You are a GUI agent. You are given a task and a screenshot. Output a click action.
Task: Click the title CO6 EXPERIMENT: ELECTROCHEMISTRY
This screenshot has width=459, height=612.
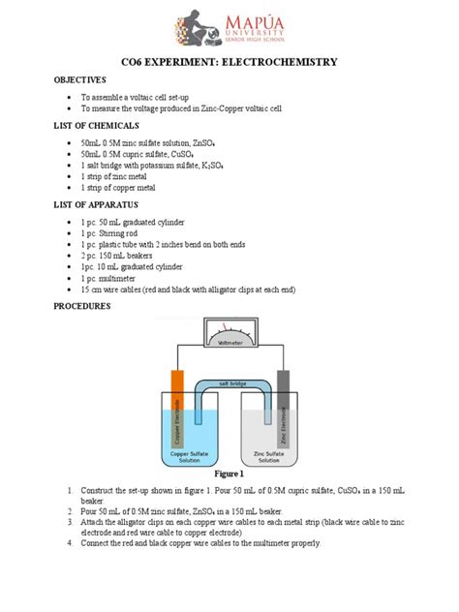click(229, 62)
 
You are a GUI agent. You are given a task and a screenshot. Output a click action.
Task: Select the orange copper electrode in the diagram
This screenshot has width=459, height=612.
click(177, 403)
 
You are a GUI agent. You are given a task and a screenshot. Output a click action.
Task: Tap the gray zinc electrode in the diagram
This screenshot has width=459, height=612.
click(284, 403)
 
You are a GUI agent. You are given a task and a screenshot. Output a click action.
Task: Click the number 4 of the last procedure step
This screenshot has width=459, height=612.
click(70, 543)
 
